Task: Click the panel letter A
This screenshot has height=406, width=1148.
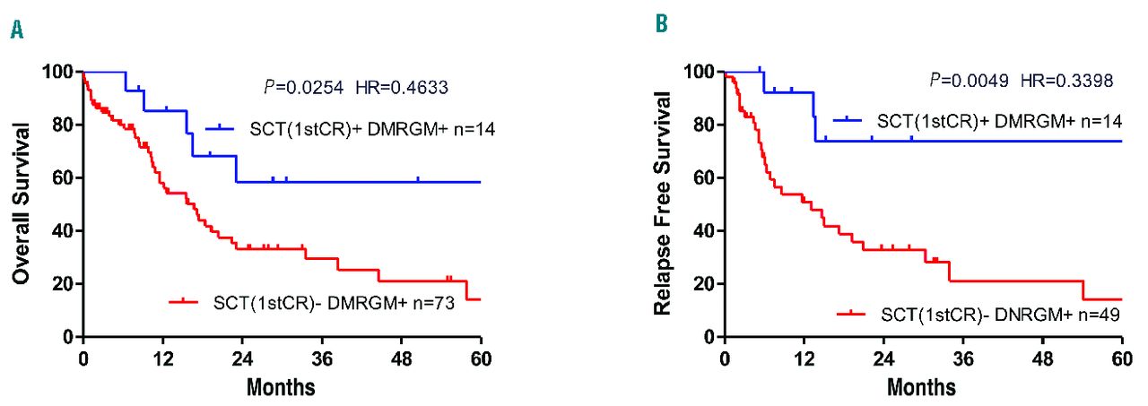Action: (x=16, y=30)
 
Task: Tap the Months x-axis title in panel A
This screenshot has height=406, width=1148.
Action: (x=282, y=387)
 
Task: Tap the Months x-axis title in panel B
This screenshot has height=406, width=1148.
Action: (x=923, y=387)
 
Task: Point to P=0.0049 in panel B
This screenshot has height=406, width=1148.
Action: (x=962, y=80)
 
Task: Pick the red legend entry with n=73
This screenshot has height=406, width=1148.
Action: (x=314, y=302)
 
